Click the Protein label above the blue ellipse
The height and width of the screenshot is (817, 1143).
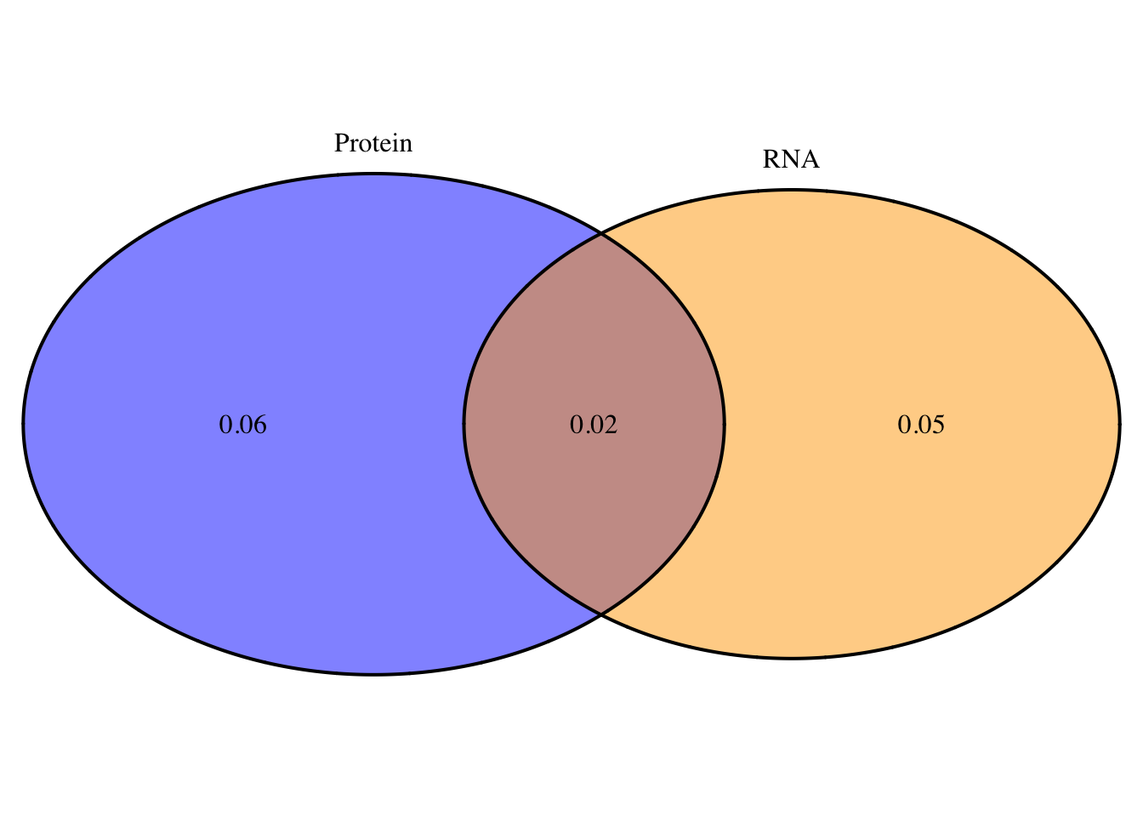pos(373,143)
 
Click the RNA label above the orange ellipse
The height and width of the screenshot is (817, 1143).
pos(791,159)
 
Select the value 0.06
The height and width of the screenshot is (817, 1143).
pos(242,425)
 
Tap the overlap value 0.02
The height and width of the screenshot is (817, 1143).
pos(594,425)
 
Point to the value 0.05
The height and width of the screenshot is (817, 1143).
pos(921,425)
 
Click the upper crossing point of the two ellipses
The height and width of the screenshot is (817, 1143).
pos(601,234)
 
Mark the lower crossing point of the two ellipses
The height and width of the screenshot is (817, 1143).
pos(601,614)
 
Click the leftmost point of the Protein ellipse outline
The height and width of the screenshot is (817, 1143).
pos(23,424)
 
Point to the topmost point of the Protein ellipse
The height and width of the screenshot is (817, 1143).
pos(373,174)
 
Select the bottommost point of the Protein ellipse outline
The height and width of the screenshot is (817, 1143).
pos(373,675)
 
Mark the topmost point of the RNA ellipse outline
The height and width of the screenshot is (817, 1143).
pos(791,191)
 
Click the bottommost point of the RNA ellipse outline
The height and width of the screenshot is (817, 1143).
pos(791,658)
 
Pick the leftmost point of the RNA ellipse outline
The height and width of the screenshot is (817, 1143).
pos(463,424)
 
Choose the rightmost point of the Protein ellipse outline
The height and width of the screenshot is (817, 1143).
pos(724,424)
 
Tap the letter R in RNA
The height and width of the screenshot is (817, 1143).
pos(771,159)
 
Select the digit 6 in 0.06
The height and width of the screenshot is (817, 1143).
pos(259,425)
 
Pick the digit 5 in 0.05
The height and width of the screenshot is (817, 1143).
pos(938,425)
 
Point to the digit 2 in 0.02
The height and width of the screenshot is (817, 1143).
pos(611,425)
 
